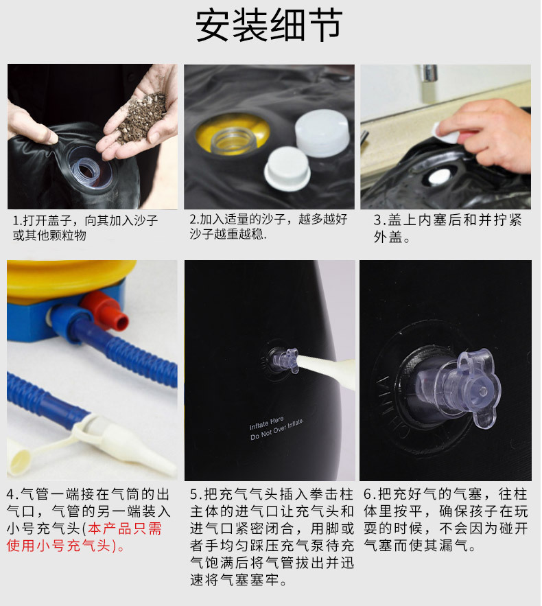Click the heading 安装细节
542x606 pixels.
[269, 25]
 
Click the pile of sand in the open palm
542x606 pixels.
[142, 117]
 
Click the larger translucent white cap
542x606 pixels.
[322, 132]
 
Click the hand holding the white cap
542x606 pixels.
[484, 134]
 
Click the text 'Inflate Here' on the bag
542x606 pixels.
[267, 423]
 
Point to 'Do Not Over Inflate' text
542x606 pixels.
[276, 430]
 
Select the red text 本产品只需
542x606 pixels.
[124, 528]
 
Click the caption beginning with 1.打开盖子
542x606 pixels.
[85, 228]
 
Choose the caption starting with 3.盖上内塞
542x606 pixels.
[447, 228]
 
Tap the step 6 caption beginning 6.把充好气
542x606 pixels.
[446, 520]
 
